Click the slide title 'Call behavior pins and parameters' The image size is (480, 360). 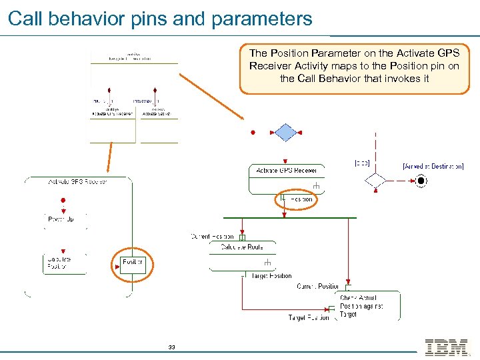click(x=160, y=18)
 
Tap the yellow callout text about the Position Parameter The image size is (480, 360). click(x=354, y=65)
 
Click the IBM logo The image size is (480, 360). click(x=446, y=347)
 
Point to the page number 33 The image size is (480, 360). click(x=171, y=347)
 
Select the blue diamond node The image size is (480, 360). click(x=285, y=133)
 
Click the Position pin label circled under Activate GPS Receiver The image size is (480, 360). click(x=297, y=199)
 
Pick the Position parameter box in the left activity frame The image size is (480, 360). click(x=133, y=262)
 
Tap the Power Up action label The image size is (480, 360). click(x=61, y=219)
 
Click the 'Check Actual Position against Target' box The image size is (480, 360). click(x=368, y=306)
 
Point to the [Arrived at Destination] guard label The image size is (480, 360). click(x=433, y=166)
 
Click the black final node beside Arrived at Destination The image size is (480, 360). click(x=421, y=180)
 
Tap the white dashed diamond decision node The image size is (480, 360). click(x=375, y=180)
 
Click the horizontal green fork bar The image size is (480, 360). click(x=289, y=217)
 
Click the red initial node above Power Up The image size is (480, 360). click(x=63, y=199)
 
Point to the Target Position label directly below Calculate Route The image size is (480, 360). click(x=270, y=275)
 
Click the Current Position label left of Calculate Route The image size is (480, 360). click(x=213, y=237)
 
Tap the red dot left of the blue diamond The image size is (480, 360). click(x=253, y=133)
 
